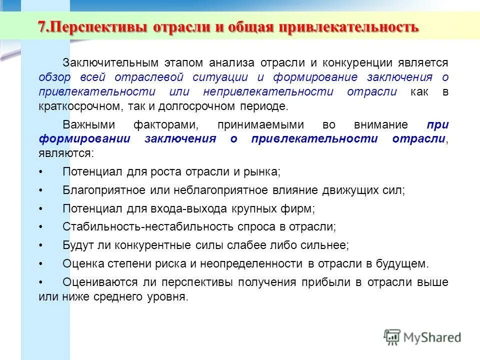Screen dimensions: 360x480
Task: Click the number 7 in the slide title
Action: pos(42,26)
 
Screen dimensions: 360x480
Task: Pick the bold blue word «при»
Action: pos(438,124)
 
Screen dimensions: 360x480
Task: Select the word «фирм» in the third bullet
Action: pos(301,208)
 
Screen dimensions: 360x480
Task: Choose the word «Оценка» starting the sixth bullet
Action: pos(81,263)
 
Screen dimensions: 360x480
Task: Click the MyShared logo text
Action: pos(432,337)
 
